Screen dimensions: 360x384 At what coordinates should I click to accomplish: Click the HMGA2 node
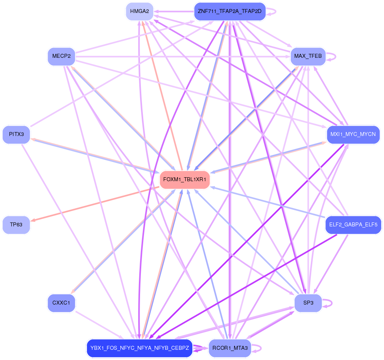click(139, 11)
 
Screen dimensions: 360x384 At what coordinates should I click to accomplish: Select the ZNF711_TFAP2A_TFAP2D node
click(230, 11)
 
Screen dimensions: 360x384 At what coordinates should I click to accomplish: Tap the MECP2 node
click(61, 56)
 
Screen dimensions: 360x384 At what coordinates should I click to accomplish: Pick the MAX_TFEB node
click(308, 56)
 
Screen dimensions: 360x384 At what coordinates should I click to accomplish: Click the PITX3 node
click(16, 134)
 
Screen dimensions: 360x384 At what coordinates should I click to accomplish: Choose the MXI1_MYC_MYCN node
click(353, 134)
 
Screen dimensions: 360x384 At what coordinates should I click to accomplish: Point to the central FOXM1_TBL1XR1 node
click(185, 180)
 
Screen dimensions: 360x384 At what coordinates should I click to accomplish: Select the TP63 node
click(16, 225)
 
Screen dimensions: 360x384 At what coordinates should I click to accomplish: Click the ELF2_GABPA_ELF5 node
click(353, 225)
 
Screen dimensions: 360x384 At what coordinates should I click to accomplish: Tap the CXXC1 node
click(61, 303)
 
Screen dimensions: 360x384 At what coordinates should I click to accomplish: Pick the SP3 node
click(308, 303)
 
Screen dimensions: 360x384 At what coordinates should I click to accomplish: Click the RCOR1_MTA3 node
click(230, 348)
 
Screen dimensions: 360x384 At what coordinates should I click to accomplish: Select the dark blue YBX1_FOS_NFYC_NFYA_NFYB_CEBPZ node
click(140, 348)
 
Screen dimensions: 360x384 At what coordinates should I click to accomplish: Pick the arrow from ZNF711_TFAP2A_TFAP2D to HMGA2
click(173, 11)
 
